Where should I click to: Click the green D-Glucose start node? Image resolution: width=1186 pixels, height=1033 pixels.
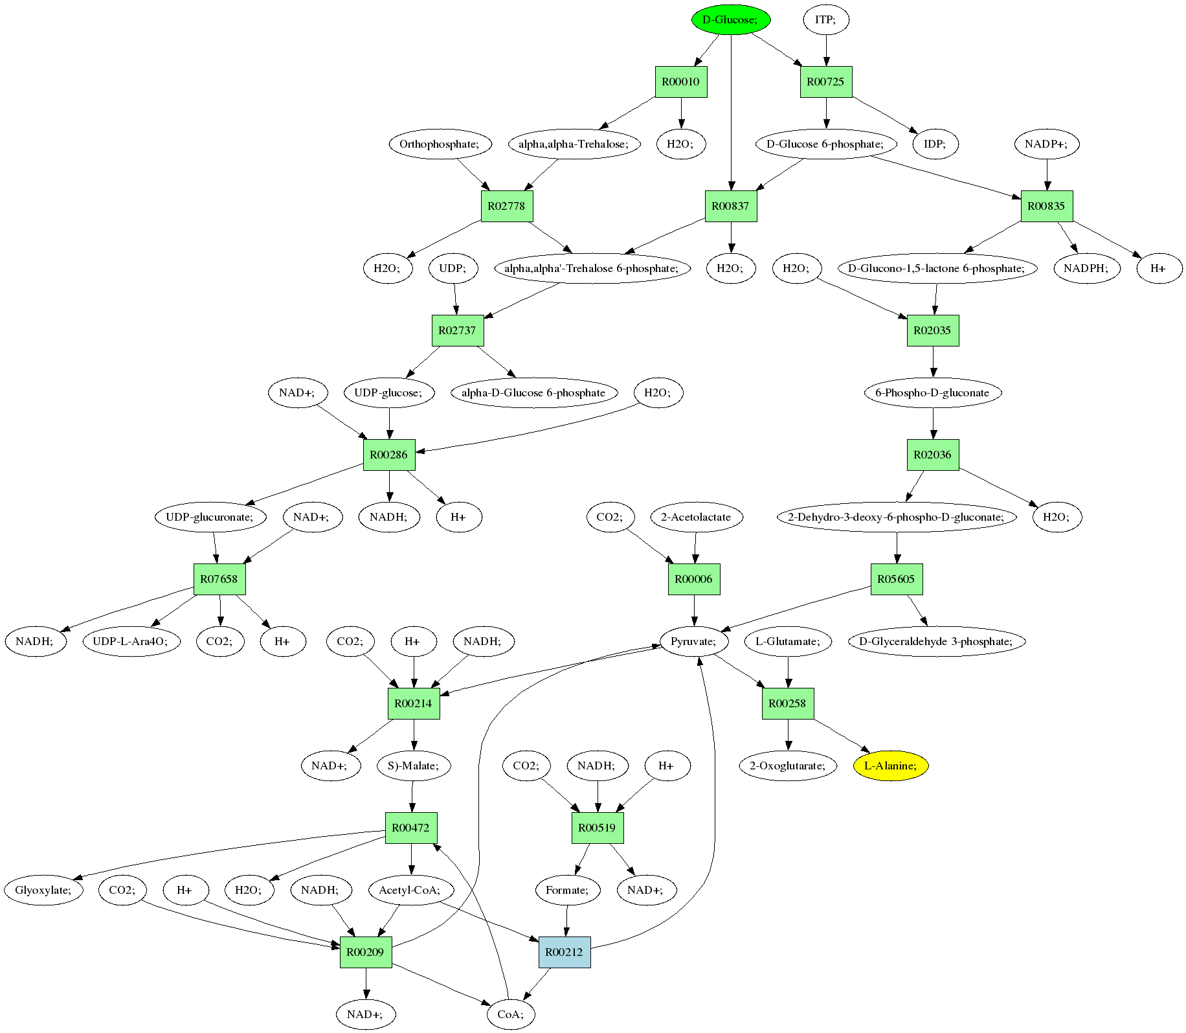(x=731, y=20)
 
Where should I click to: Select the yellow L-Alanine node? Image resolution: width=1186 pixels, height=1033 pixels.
(x=891, y=766)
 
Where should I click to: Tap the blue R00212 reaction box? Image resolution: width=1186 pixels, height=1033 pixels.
(x=565, y=953)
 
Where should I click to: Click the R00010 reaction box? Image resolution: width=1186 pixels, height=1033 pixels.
(x=681, y=82)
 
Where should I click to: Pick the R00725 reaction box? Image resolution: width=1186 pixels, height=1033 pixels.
(x=826, y=82)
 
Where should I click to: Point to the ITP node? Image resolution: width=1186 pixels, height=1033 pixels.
(x=825, y=20)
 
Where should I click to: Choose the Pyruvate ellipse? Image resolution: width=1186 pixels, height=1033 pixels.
(x=694, y=642)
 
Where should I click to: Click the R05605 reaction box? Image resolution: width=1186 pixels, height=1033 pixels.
(x=897, y=579)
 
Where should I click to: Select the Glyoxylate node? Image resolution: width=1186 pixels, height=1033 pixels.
(x=44, y=891)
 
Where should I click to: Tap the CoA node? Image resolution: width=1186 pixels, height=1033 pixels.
(x=510, y=1015)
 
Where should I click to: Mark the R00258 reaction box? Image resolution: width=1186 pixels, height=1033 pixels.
(x=788, y=703)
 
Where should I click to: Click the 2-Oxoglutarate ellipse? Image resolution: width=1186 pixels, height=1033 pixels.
(x=788, y=766)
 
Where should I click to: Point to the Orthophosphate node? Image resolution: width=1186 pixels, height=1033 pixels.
(x=440, y=144)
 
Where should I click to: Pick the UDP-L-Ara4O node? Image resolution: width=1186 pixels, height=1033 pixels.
(x=131, y=642)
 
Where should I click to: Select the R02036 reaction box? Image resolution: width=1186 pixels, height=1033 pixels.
(x=933, y=455)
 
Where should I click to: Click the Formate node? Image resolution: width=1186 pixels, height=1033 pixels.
(x=568, y=891)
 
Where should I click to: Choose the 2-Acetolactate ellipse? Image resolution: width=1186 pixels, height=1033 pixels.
(x=696, y=517)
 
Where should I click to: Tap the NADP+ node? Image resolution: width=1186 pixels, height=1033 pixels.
(x=1047, y=144)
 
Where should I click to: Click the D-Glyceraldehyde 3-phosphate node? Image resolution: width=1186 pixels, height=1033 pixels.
(x=937, y=642)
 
